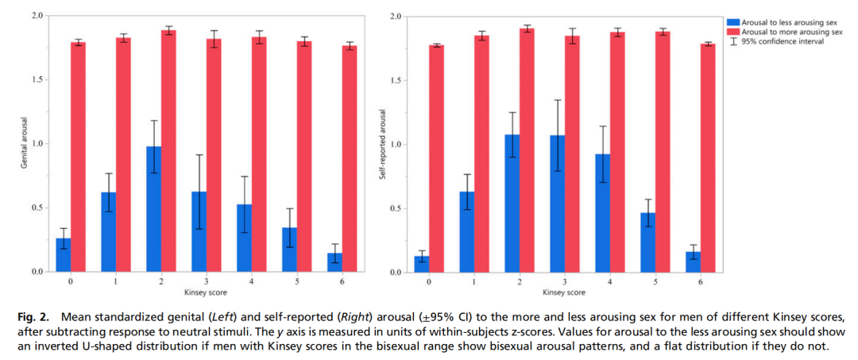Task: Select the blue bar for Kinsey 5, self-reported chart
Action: pyautogui.click(x=648, y=242)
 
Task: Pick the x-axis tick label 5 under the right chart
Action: pyautogui.click(x=656, y=282)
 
